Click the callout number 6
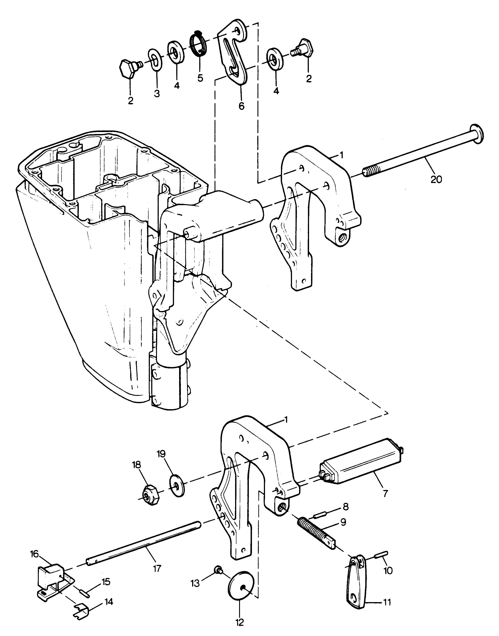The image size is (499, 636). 241,106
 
